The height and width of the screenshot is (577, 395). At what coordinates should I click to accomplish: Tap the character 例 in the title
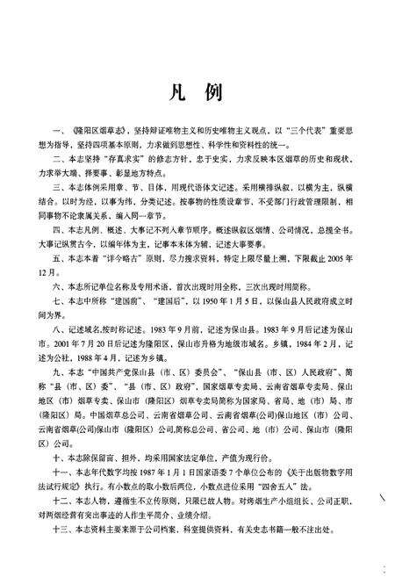click(214, 92)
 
